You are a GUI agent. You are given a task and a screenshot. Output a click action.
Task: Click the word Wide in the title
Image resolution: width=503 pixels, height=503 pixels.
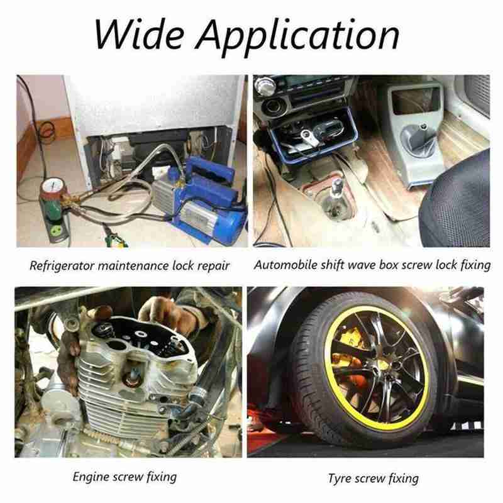[140, 34]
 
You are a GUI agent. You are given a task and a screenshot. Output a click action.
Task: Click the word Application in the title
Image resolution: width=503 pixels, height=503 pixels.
[297, 38]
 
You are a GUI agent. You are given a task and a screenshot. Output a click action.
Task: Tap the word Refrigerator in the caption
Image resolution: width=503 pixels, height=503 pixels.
[61, 265]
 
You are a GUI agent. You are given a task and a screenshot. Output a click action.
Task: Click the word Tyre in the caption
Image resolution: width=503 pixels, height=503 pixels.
[340, 478]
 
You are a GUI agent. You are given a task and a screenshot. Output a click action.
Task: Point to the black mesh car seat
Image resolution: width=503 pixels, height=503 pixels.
[455, 202]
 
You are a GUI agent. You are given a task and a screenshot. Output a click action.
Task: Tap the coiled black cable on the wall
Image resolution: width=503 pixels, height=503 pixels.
[47, 131]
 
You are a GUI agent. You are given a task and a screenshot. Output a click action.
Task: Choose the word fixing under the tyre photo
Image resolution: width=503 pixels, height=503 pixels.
[403, 478]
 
